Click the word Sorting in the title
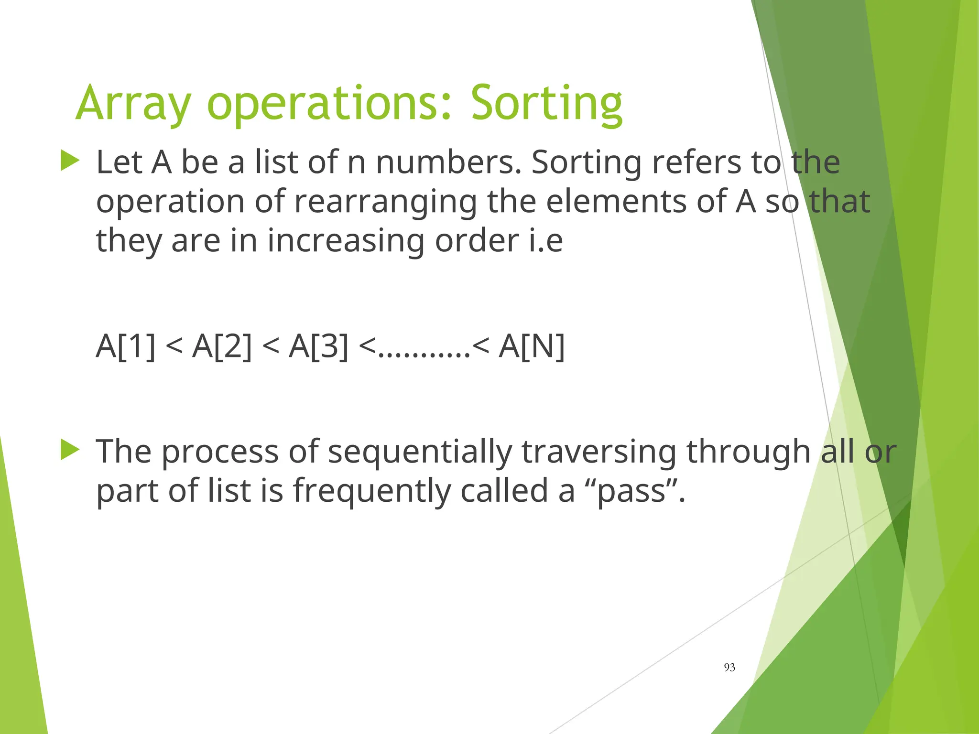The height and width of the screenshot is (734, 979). (546, 104)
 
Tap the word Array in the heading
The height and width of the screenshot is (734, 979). (133, 104)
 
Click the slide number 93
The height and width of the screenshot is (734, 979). (729, 668)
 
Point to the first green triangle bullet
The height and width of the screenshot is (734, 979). (70, 161)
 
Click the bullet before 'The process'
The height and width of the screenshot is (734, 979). (70, 450)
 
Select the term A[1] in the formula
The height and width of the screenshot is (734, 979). (126, 345)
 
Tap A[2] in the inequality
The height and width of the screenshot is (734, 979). (222, 345)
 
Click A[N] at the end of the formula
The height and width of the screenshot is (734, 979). (532, 345)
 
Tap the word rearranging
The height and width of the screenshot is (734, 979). (385, 202)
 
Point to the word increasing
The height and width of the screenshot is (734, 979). (346, 241)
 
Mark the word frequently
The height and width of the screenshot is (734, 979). (372, 491)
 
